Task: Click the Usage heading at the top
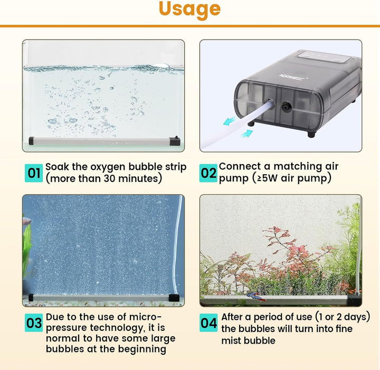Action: click(x=190, y=10)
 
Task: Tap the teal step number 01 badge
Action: click(x=34, y=173)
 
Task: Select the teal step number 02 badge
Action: click(x=208, y=173)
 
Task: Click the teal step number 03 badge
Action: click(x=34, y=322)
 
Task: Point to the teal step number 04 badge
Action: click(x=208, y=322)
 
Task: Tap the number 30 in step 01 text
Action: click(x=110, y=178)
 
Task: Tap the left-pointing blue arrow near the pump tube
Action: click(x=229, y=121)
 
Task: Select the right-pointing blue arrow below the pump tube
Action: click(x=246, y=134)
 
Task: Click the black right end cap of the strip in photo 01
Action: click(x=175, y=141)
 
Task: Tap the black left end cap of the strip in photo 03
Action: click(x=31, y=298)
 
